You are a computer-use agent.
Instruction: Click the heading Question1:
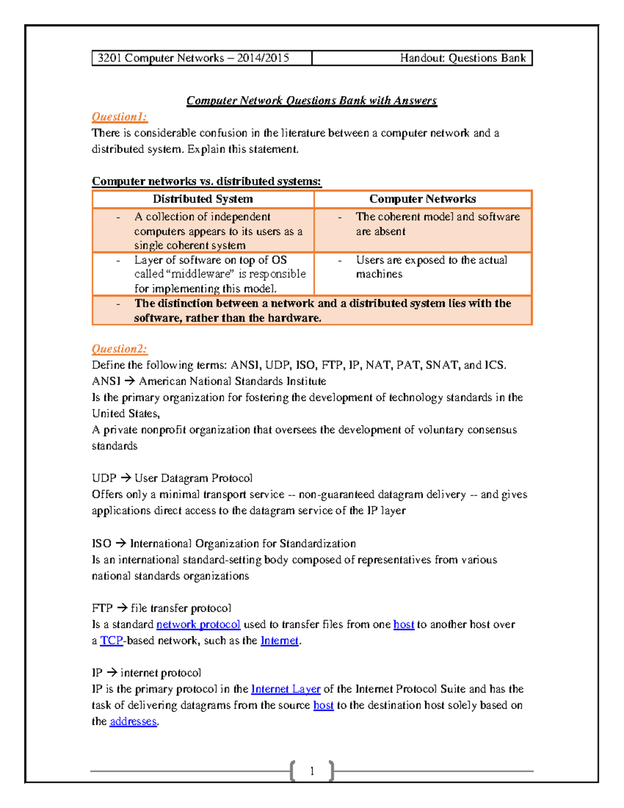[x=119, y=117]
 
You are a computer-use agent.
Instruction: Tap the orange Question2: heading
[x=119, y=349]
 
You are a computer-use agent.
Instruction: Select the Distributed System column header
[x=203, y=199]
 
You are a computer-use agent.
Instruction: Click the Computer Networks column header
[x=422, y=199]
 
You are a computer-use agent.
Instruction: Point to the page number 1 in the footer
[x=312, y=771]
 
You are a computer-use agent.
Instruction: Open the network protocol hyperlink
[x=198, y=624]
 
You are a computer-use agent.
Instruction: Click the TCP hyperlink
[x=111, y=640]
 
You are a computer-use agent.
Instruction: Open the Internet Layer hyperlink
[x=285, y=689]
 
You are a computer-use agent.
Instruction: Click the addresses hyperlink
[x=133, y=721]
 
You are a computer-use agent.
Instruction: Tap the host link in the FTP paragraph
[x=404, y=624]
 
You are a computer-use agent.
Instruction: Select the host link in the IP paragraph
[x=323, y=705]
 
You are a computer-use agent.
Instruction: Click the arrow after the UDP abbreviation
[x=125, y=478]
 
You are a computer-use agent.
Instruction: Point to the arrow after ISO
[x=121, y=543]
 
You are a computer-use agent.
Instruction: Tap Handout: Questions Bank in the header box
[x=462, y=58]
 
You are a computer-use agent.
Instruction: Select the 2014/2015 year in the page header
[x=263, y=58]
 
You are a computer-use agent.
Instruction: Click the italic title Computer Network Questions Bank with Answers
[x=311, y=100]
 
